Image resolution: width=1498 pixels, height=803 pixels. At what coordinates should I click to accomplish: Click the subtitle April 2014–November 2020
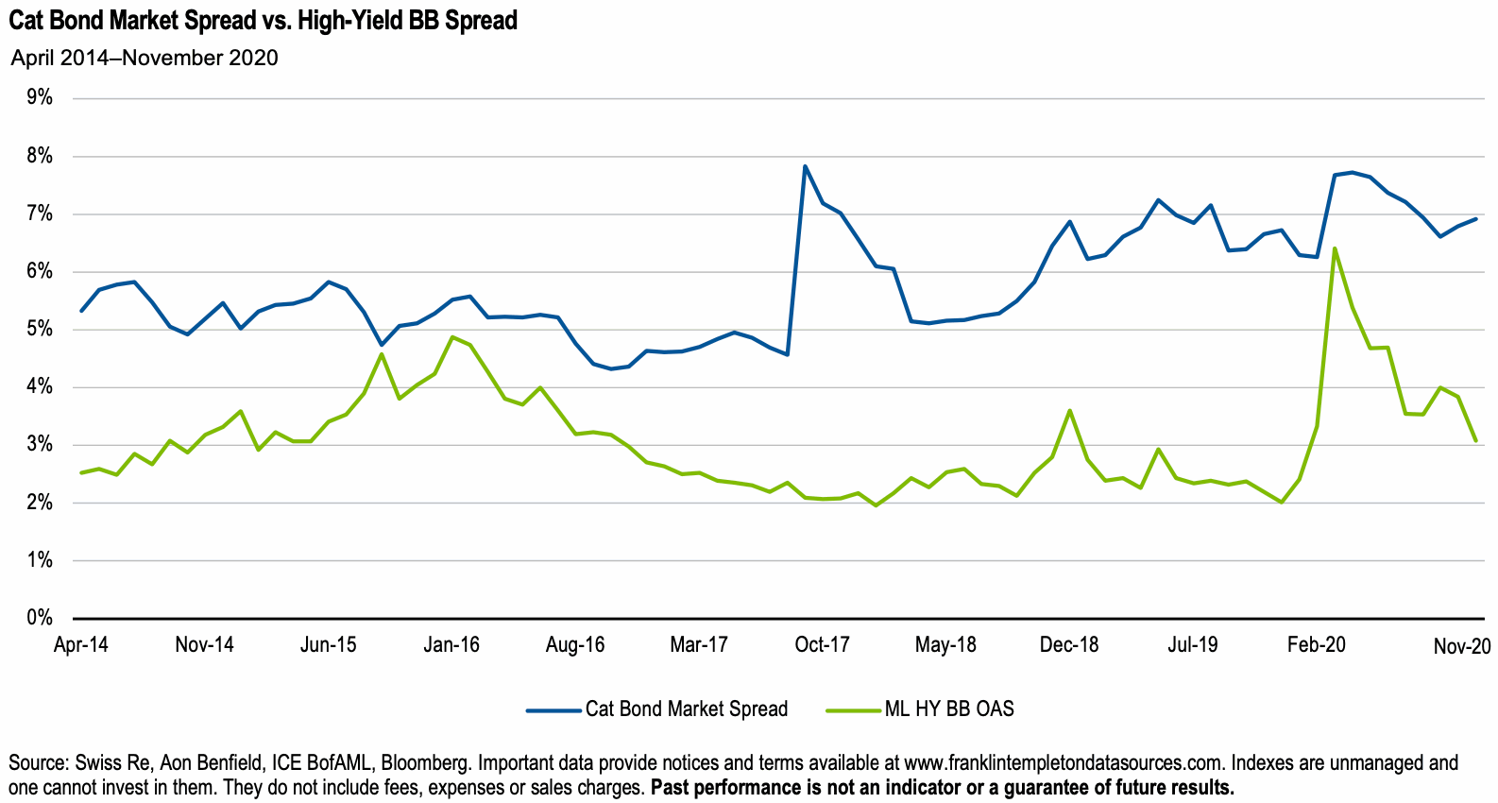pyautogui.click(x=145, y=58)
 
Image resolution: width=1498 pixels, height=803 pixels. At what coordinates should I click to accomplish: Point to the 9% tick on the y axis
pyautogui.click(x=40, y=97)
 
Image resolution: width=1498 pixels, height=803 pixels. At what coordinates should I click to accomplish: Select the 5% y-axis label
pyautogui.click(x=40, y=330)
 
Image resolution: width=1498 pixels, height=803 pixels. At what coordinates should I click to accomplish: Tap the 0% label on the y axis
pyautogui.click(x=40, y=618)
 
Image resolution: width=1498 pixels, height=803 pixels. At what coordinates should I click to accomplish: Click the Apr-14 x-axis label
pyautogui.click(x=81, y=645)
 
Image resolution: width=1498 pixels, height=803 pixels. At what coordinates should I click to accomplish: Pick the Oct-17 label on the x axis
pyautogui.click(x=822, y=645)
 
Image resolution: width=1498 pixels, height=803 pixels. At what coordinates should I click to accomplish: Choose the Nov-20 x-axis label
pyautogui.click(x=1461, y=646)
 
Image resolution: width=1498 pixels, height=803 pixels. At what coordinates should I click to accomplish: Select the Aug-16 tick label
pyautogui.click(x=575, y=645)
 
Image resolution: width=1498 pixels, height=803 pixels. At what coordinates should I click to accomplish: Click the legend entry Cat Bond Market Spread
pyautogui.click(x=686, y=709)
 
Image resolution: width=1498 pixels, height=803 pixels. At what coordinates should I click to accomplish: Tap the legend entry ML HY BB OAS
pyautogui.click(x=948, y=709)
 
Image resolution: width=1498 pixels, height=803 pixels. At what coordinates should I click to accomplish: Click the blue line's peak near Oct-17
pyautogui.click(x=805, y=166)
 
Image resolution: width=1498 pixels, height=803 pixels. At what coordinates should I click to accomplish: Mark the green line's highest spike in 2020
pyautogui.click(x=1334, y=248)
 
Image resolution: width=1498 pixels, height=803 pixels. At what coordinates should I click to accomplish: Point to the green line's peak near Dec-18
pyautogui.click(x=1069, y=410)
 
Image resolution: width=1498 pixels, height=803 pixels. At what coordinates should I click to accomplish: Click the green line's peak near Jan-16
pyautogui.click(x=452, y=336)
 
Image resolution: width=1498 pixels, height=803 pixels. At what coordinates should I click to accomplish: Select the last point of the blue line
pyautogui.click(x=1475, y=219)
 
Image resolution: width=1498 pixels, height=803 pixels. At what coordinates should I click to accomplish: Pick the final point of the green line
pyautogui.click(x=1475, y=440)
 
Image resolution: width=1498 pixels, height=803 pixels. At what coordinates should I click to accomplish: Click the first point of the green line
pyautogui.click(x=82, y=472)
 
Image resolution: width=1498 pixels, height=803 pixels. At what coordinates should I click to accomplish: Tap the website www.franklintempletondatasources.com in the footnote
pyautogui.click(x=1063, y=762)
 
